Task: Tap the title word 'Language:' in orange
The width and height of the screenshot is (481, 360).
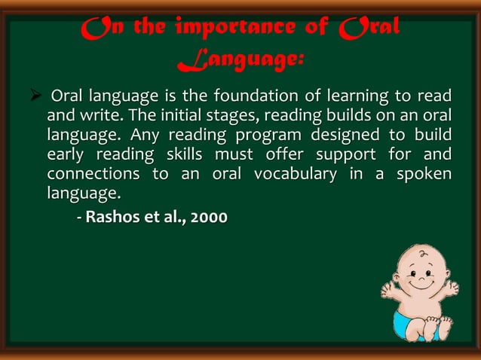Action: point(240,63)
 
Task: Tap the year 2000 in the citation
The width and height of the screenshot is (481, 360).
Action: point(207,218)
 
